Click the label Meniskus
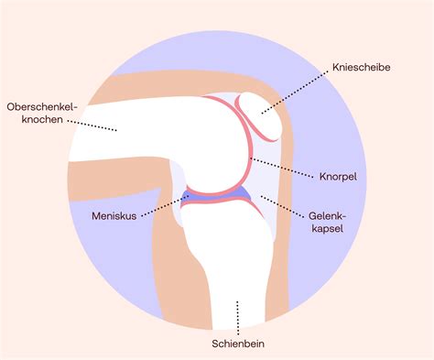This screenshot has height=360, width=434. (x=114, y=218)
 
